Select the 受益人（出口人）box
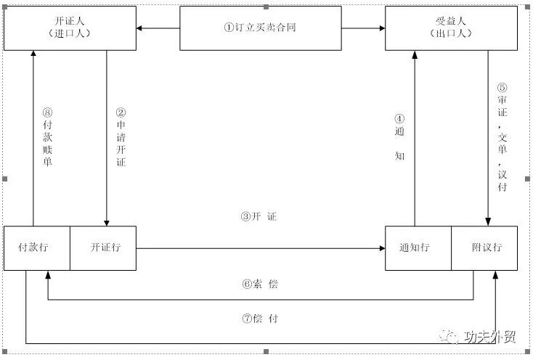pos(452,28)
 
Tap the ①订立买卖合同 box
pos(260,28)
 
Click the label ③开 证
pos(259,217)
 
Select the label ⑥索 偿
pos(259,284)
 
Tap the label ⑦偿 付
pos(259,319)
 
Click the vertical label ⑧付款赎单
pos(47,137)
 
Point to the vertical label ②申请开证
pos(121,137)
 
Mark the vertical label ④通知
pos(399,137)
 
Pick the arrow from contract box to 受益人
pos(363,28)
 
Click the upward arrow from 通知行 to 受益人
pos(415,138)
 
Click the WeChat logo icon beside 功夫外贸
pos(450,336)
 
